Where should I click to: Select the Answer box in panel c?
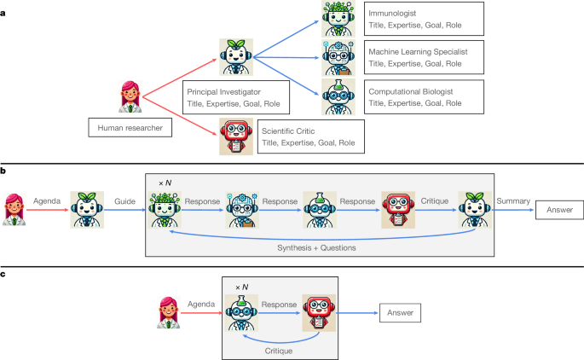click(x=401, y=312)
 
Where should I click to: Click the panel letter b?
click(x=4, y=171)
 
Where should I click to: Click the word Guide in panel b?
click(x=126, y=202)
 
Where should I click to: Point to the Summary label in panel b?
click(x=513, y=202)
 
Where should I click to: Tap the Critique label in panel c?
click(x=277, y=350)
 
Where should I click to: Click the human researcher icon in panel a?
click(x=130, y=96)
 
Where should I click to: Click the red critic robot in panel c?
click(x=321, y=311)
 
